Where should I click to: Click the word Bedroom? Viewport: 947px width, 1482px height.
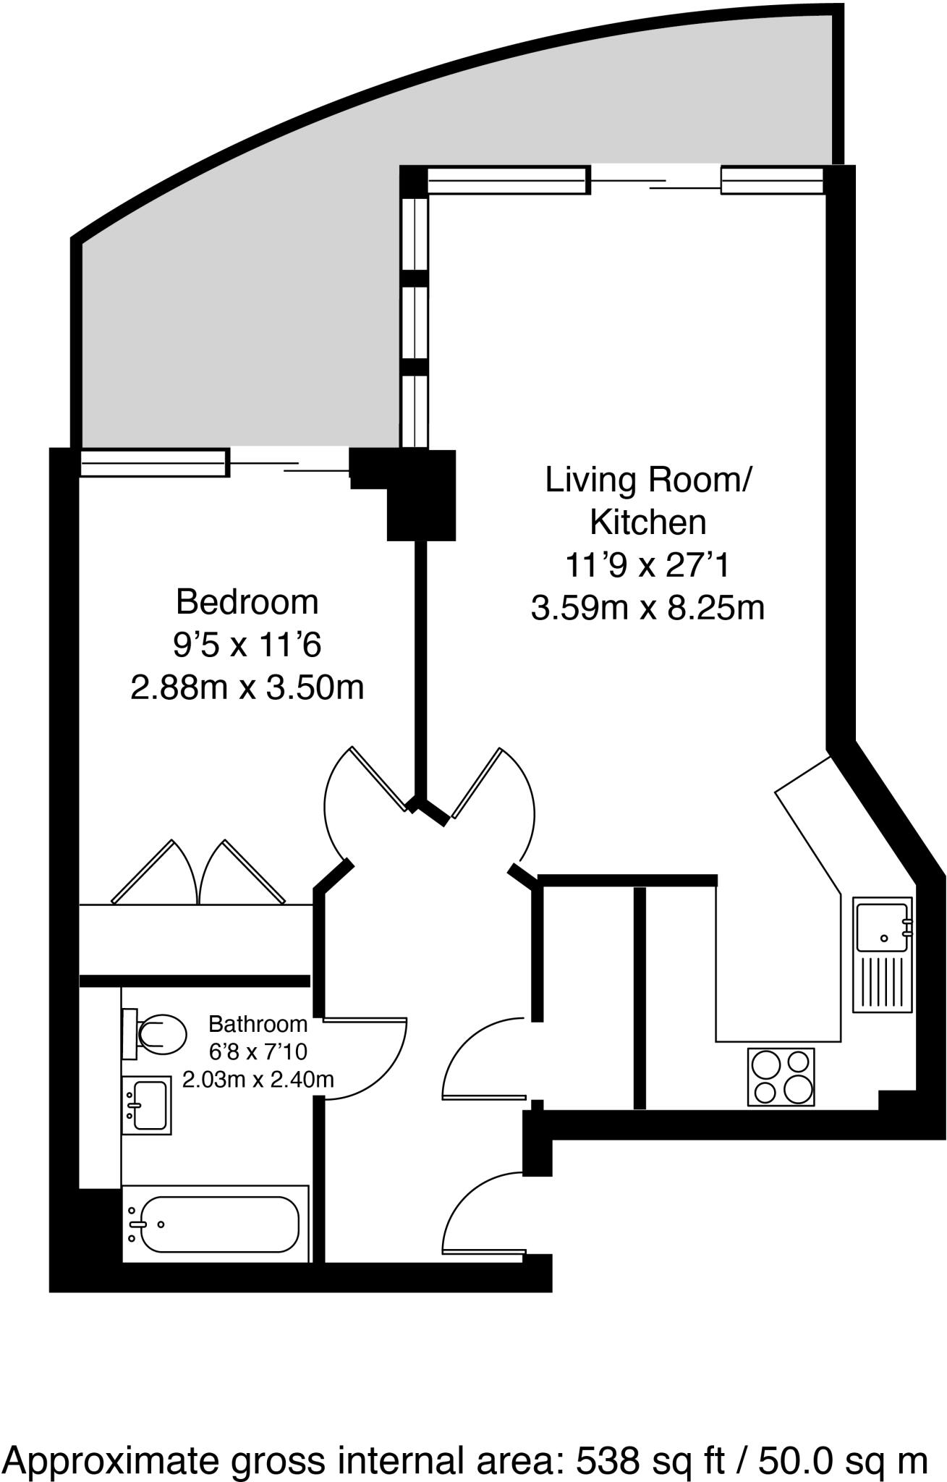[x=247, y=602]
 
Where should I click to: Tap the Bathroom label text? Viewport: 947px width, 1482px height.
[x=258, y=1024]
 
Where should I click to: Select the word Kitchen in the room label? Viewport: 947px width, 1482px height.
[x=648, y=522]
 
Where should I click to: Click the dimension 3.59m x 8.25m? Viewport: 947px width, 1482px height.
[x=648, y=608]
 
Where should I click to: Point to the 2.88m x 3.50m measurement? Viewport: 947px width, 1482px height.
[x=247, y=687]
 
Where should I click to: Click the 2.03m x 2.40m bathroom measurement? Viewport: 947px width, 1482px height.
[x=258, y=1080]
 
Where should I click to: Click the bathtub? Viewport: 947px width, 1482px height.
[x=216, y=1224]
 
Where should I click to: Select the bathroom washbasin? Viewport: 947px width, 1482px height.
[x=146, y=1105]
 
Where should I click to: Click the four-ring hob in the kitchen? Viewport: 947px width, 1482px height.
[x=781, y=1077]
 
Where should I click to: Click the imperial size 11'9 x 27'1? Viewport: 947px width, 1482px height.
[x=648, y=564]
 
